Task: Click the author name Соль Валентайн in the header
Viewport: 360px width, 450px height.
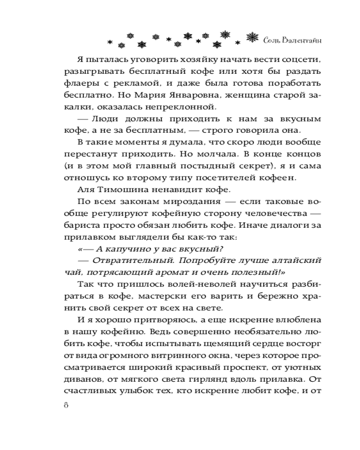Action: coord(292,40)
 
